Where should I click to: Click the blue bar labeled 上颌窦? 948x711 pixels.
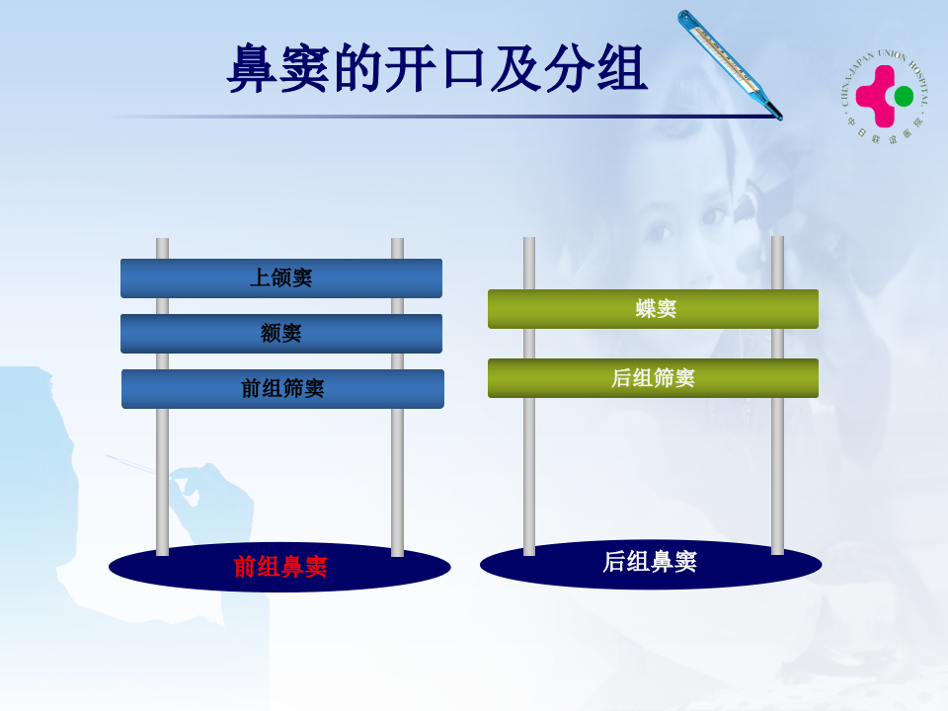pyautogui.click(x=281, y=278)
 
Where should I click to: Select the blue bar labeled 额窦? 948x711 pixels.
pyautogui.click(x=281, y=334)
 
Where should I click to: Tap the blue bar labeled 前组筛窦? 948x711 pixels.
pyautogui.click(x=282, y=389)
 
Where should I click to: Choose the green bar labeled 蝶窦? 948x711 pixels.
pyautogui.click(x=653, y=309)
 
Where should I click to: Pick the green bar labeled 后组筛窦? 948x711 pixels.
pyautogui.click(x=653, y=378)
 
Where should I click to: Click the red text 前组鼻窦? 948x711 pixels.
pyautogui.click(x=280, y=567)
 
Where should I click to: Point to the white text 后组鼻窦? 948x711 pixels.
pyautogui.click(x=650, y=562)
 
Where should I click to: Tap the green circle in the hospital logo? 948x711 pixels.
pyautogui.click(x=904, y=96)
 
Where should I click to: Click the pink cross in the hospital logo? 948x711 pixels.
pyautogui.click(x=875, y=95)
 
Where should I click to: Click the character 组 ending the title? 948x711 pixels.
pyautogui.click(x=621, y=69)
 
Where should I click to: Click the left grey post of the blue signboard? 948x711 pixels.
pyautogui.click(x=162, y=474)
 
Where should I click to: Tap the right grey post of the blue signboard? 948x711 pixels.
pyautogui.click(x=397, y=474)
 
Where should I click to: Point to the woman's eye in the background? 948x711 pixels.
pyautogui.click(x=660, y=233)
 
